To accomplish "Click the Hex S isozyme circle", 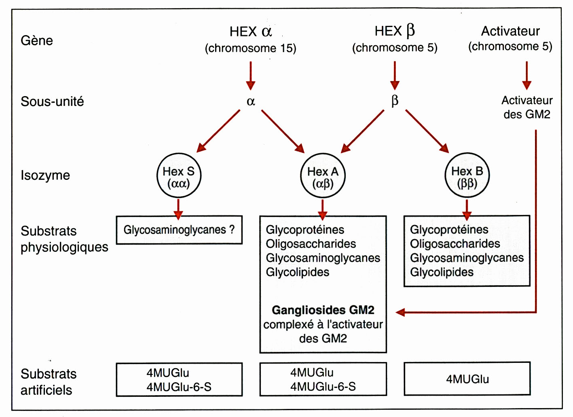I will [179, 176].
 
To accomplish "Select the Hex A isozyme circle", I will [323, 176].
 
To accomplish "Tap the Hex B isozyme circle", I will [467, 176].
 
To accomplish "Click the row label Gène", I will [37, 40].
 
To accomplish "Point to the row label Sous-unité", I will [52, 101].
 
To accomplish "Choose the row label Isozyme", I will [45, 175].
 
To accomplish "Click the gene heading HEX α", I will [251, 32].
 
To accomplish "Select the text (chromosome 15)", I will [251, 48].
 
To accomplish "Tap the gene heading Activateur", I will [510, 31].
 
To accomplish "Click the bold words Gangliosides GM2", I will [323, 310].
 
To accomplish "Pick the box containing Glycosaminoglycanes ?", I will [179, 230].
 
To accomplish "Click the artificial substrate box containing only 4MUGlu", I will [467, 379].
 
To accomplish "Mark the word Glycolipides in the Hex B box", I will [442, 272].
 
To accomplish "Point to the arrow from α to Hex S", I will [218, 131].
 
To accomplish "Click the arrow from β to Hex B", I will [427, 131].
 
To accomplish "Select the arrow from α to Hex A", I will [283, 131].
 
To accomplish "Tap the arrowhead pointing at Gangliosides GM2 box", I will [400, 312].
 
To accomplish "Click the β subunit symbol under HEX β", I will [395, 101].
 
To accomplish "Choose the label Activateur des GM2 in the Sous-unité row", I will [527, 107].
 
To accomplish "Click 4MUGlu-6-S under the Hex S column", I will [179, 387].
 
